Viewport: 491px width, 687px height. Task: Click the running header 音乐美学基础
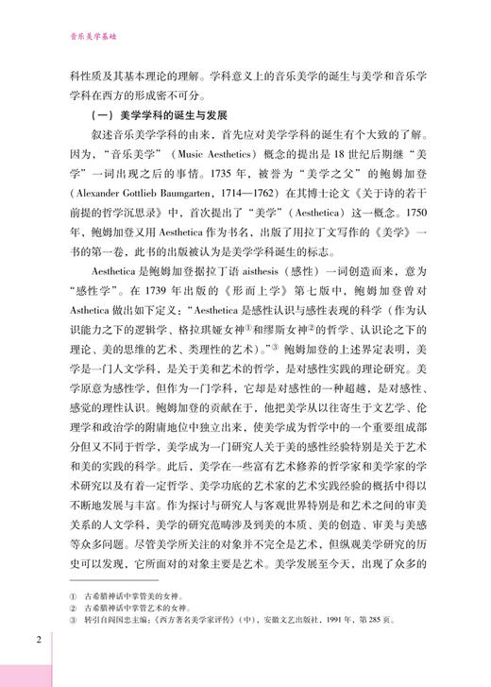88,41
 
